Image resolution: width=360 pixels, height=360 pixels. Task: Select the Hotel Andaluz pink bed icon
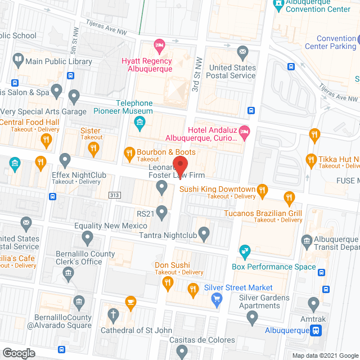point(244,132)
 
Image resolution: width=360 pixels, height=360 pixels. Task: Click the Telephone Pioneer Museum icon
point(141,121)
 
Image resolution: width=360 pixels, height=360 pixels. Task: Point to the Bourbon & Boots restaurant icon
point(129,152)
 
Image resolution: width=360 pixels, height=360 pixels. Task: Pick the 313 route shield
point(115,195)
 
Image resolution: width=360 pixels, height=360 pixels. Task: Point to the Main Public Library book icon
point(18,59)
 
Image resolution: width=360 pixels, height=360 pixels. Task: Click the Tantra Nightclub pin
point(204,232)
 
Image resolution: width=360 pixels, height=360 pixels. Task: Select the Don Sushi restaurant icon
point(167,284)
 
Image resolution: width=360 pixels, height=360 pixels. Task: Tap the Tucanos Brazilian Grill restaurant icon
point(289,197)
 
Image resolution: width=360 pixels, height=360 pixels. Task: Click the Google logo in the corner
point(18,353)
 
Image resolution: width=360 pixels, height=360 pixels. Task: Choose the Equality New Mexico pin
point(87,238)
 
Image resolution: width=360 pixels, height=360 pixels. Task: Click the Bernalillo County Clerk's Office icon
point(68,274)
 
